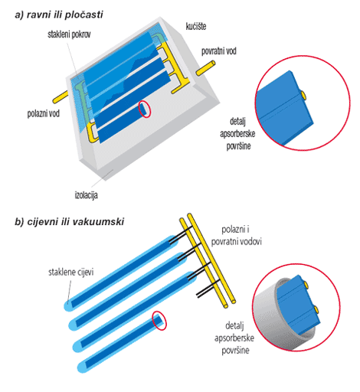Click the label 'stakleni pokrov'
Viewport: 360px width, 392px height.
click(69, 34)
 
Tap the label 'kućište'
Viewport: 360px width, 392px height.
click(196, 26)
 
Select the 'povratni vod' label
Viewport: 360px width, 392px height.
click(219, 51)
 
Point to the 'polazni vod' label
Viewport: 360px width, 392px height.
click(44, 113)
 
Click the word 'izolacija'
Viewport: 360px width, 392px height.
click(86, 195)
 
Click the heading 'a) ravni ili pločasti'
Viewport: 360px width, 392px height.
click(59, 15)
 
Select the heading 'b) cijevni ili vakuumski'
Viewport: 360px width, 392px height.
click(69, 221)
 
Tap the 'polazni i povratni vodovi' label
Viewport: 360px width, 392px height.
click(236, 236)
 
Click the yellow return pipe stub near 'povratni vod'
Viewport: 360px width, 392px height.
click(205, 68)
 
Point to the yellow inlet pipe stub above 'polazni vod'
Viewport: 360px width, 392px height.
click(61, 97)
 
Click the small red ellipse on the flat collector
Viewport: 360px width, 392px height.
click(145, 109)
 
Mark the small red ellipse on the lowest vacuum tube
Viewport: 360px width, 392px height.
click(159, 321)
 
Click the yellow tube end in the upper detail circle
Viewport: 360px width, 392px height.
click(303, 95)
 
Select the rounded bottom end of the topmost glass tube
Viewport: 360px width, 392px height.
click(68, 305)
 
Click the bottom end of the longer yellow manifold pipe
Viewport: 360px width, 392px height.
click(233, 301)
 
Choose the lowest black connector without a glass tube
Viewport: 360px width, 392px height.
click(208, 289)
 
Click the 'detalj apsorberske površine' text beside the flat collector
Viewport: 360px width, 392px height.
click(237, 134)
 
